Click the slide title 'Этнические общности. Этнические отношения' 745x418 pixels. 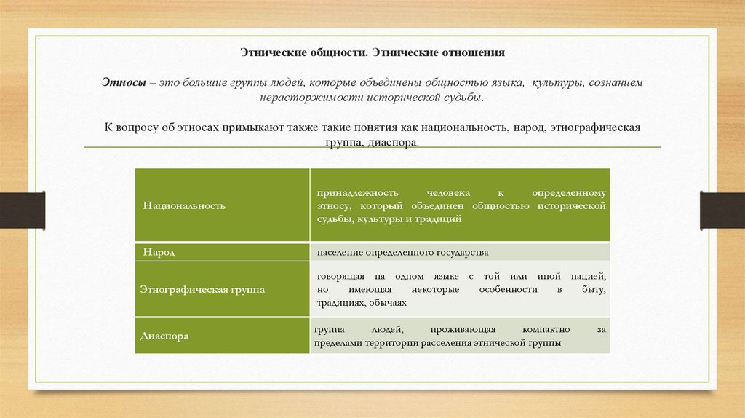372,53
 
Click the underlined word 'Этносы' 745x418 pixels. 123,84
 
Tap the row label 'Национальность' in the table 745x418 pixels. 184,205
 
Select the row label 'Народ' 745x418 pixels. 159,252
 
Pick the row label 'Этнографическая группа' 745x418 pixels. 202,289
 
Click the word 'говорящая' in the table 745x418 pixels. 340,277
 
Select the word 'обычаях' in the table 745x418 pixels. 387,303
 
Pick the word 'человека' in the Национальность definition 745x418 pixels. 440,193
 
